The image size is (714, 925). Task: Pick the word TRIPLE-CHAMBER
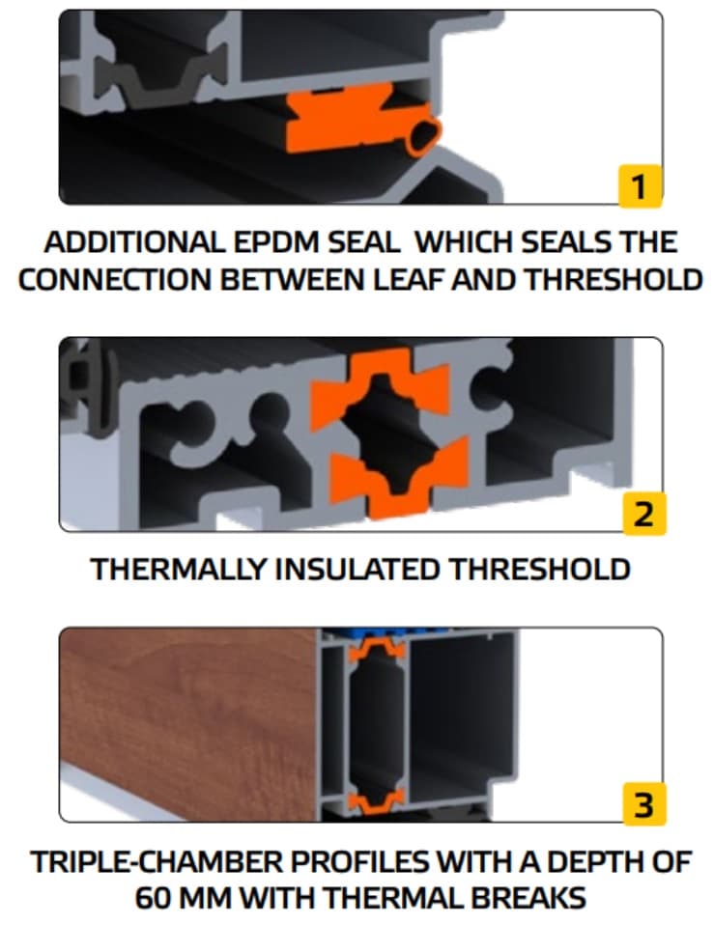pyautogui.click(x=153, y=860)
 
